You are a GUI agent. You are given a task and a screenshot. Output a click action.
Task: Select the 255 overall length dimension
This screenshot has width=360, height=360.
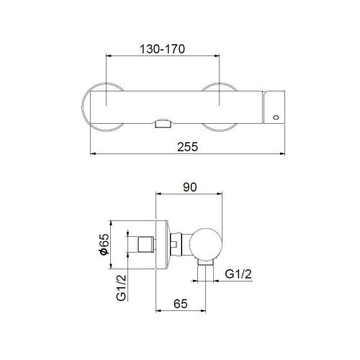click(x=186, y=146)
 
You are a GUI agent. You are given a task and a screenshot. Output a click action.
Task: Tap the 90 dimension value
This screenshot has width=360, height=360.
click(x=190, y=187)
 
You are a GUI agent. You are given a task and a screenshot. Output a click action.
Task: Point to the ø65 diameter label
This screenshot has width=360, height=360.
click(x=103, y=248)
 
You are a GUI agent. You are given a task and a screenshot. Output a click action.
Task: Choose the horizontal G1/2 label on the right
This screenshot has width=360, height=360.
click(x=240, y=274)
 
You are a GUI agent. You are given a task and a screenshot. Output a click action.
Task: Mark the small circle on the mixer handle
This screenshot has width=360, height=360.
click(x=275, y=115)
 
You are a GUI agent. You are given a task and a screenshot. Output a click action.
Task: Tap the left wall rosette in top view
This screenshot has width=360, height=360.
click(x=95, y=107)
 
